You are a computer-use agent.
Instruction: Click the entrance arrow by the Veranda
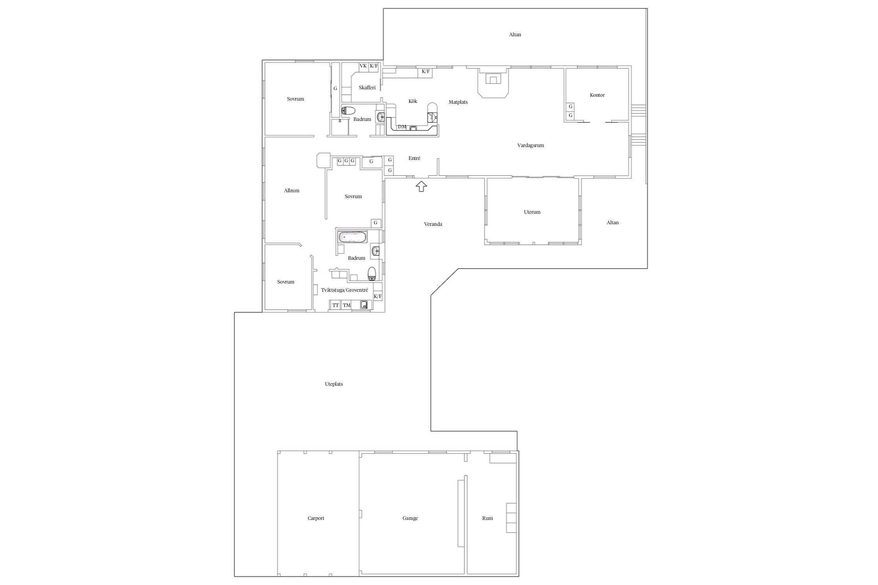(421, 186)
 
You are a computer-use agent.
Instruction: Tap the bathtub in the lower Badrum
(353, 237)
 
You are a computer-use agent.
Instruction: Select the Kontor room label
(597, 95)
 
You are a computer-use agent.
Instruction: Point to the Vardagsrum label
(530, 145)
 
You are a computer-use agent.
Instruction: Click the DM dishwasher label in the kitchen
(402, 127)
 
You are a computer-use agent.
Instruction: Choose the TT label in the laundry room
(336, 305)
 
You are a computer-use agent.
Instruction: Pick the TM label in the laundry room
(347, 305)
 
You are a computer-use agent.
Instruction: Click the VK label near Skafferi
(363, 66)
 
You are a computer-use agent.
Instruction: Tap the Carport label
(316, 518)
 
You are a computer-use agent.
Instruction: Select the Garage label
(410, 518)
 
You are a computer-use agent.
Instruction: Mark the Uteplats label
(334, 384)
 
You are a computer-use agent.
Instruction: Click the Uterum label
(532, 212)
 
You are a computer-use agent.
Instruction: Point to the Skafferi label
(367, 88)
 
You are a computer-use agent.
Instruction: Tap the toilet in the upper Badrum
(348, 110)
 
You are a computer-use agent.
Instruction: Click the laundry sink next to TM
(364, 305)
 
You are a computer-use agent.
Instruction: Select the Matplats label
(458, 102)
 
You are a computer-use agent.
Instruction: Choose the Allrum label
(291, 191)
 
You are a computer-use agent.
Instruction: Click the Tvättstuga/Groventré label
(345, 290)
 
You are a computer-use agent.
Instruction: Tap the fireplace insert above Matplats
(493, 80)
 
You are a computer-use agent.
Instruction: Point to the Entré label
(414, 158)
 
